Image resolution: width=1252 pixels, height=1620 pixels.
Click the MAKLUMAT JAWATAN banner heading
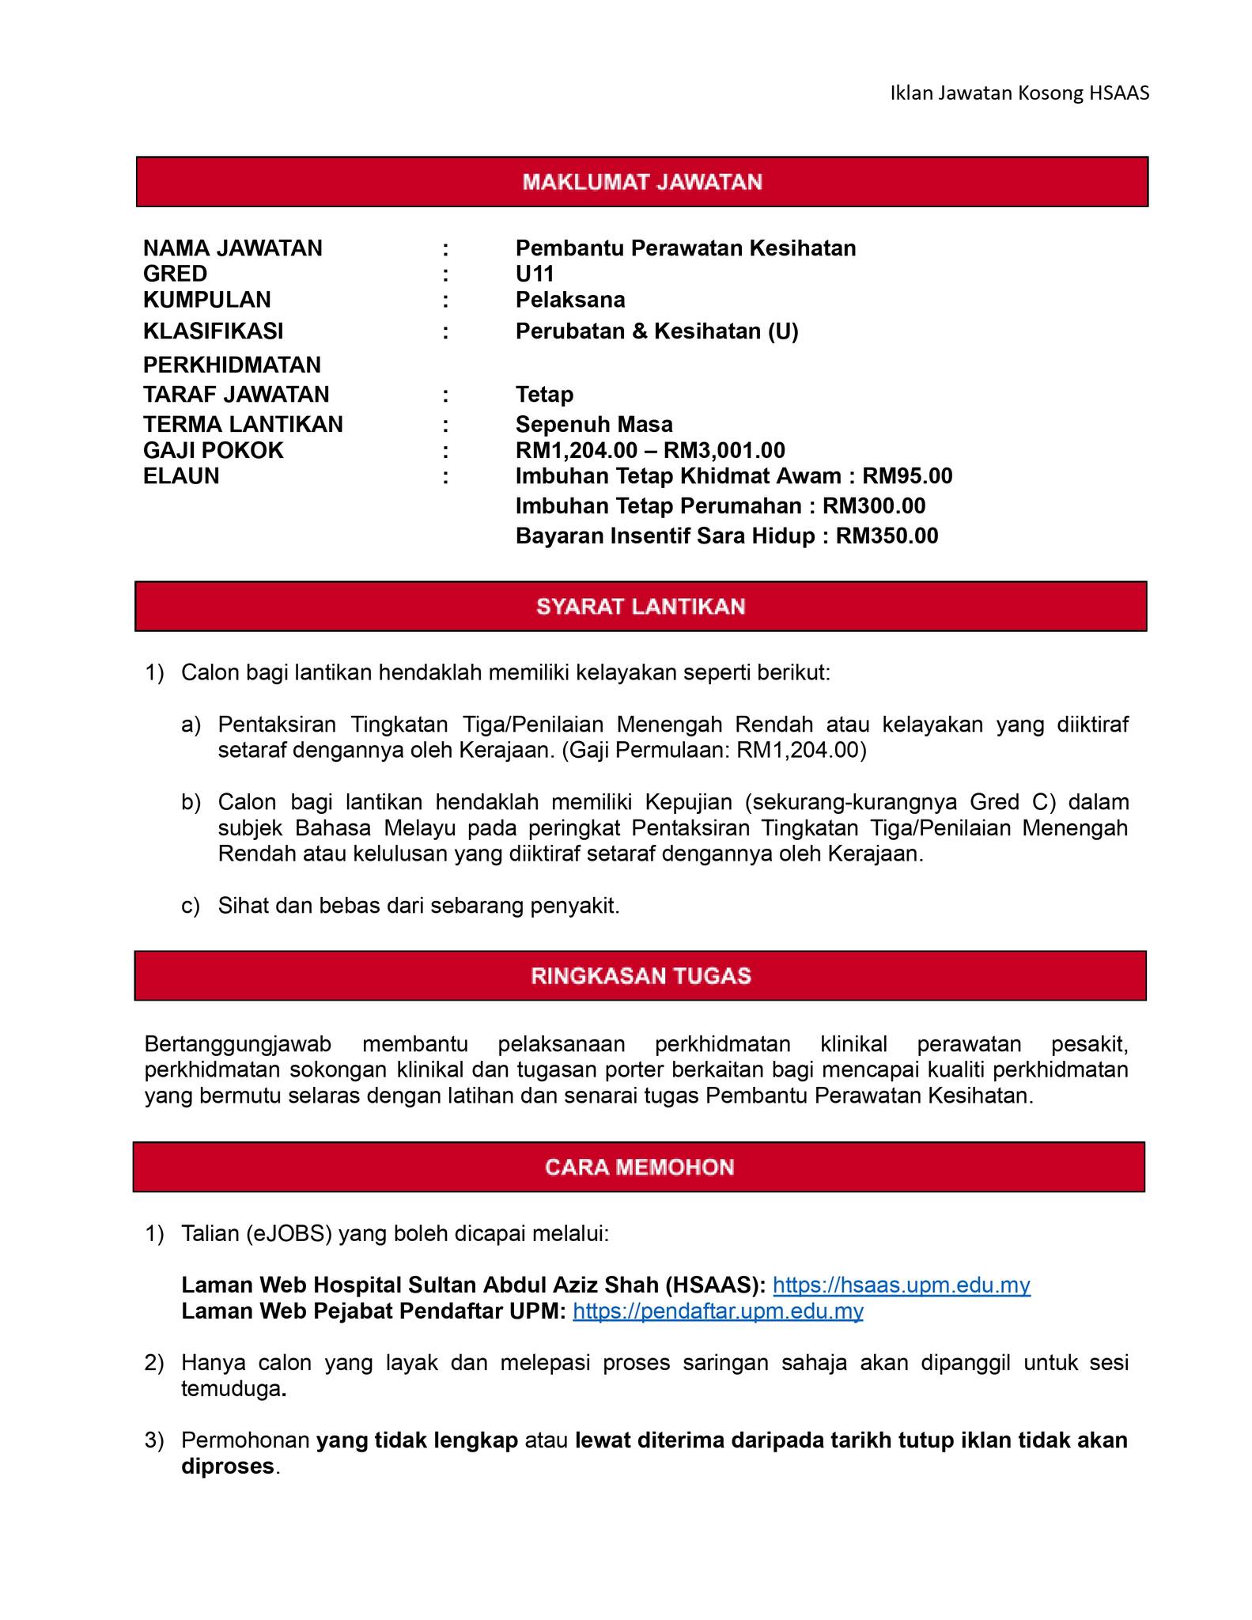pyautogui.click(x=641, y=182)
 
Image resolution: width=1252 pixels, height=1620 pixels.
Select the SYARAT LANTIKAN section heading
pyautogui.click(x=641, y=607)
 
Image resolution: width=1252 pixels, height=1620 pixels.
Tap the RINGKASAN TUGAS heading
pyautogui.click(x=641, y=976)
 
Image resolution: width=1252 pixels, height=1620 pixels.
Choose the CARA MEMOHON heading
pyautogui.click(x=640, y=1168)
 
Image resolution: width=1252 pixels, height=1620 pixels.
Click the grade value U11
pyautogui.click(x=535, y=274)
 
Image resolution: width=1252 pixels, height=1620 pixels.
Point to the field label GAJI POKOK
pyautogui.click(x=213, y=451)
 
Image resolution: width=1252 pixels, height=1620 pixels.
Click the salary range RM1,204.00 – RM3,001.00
pyautogui.click(x=650, y=451)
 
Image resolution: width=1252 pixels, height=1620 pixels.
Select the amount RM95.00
pyautogui.click(x=907, y=476)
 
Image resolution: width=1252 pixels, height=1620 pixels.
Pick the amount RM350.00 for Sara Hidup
pyautogui.click(x=887, y=536)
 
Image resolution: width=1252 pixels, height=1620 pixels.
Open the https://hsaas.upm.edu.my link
pyautogui.click(x=901, y=1285)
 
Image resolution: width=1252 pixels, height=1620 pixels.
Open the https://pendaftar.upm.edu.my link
pyautogui.click(x=717, y=1312)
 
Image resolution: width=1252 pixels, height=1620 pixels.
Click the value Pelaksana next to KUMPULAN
pyautogui.click(x=570, y=300)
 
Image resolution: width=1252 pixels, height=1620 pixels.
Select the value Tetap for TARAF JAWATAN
pyautogui.click(x=544, y=394)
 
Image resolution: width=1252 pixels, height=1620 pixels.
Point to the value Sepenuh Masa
pyautogui.click(x=594, y=425)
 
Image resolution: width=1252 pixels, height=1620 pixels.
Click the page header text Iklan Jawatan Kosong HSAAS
pyautogui.click(x=1019, y=93)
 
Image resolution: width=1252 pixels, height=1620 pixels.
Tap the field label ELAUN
pyautogui.click(x=181, y=476)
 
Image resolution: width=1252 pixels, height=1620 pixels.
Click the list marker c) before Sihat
pyautogui.click(x=191, y=906)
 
